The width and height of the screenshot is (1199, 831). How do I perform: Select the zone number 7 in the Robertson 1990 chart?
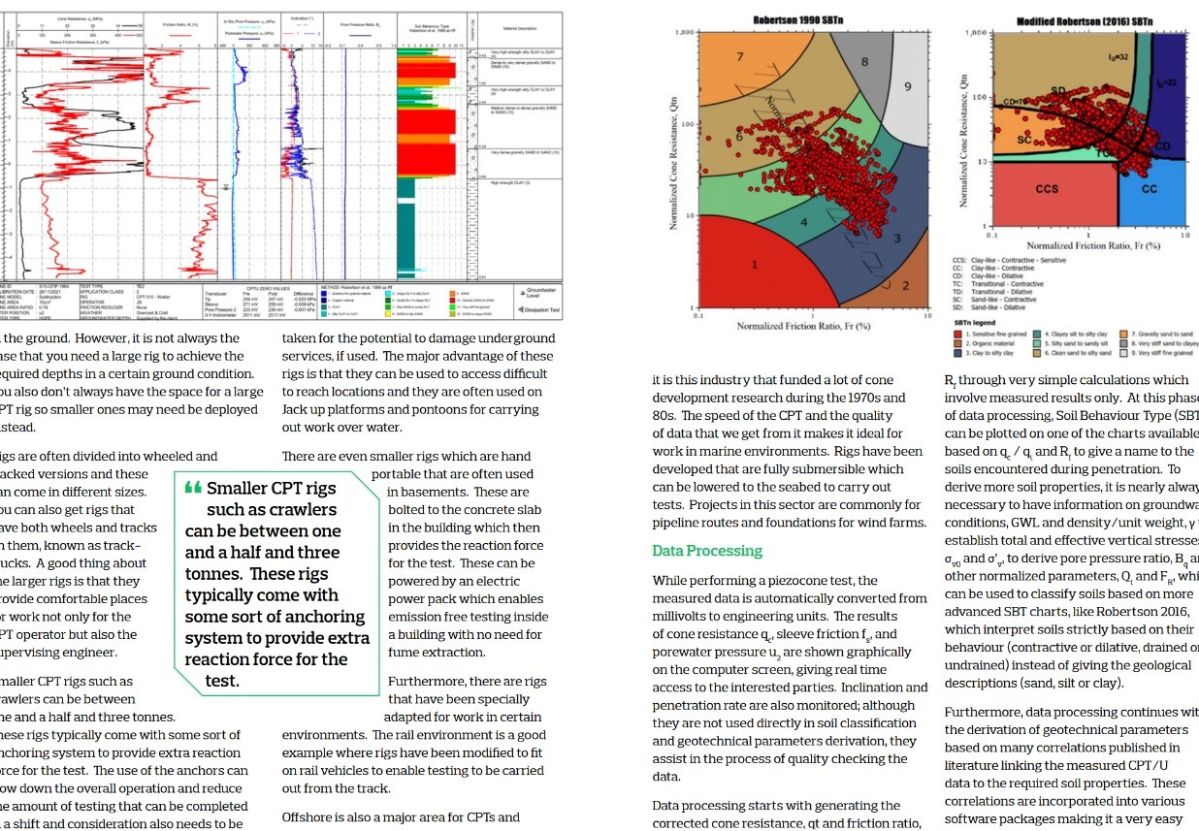click(x=740, y=57)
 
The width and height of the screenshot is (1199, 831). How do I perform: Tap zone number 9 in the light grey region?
click(x=908, y=87)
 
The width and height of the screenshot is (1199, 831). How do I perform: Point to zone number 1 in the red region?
click(x=754, y=265)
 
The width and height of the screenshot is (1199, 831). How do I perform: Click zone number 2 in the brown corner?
click(x=905, y=285)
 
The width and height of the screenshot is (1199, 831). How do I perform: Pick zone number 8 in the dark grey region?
click(x=864, y=62)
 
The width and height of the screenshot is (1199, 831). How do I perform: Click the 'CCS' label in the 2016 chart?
click(x=1047, y=189)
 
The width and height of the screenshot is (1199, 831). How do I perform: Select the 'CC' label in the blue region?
click(x=1150, y=189)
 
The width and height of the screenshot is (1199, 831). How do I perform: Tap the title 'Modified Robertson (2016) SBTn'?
click(x=1084, y=21)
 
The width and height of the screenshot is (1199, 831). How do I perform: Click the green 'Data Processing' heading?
click(x=707, y=551)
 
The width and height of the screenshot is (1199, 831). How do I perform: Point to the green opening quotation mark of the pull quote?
click(x=193, y=488)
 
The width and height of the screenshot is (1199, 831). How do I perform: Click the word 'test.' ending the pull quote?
click(x=222, y=681)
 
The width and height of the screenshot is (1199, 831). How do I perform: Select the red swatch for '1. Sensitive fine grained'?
click(x=957, y=334)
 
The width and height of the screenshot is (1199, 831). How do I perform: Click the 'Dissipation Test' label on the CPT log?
click(x=541, y=310)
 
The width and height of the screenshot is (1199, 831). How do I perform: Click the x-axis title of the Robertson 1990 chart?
click(x=804, y=326)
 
